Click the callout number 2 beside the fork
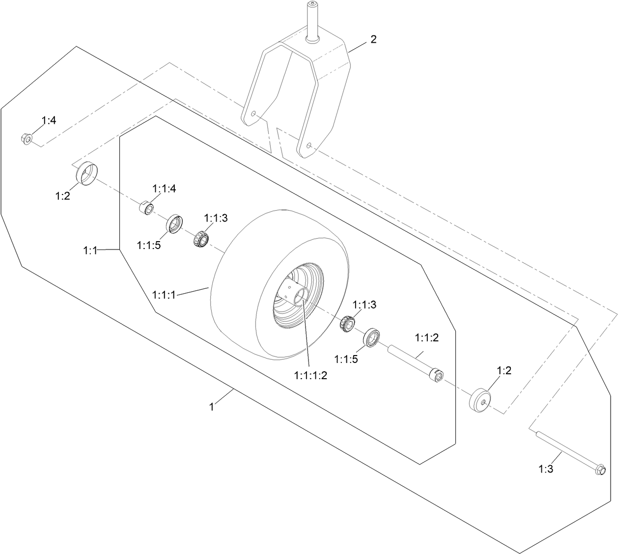[373, 40]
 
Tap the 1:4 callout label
[49, 120]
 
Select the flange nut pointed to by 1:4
[27, 139]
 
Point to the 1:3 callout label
[545, 469]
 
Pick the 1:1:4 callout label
[164, 188]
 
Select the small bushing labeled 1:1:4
[145, 208]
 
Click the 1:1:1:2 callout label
[310, 375]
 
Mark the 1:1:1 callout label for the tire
[164, 295]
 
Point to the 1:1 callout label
[90, 251]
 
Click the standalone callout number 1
[212, 407]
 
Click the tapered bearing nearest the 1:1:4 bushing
[200, 238]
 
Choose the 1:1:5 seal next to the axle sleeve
[373, 338]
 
